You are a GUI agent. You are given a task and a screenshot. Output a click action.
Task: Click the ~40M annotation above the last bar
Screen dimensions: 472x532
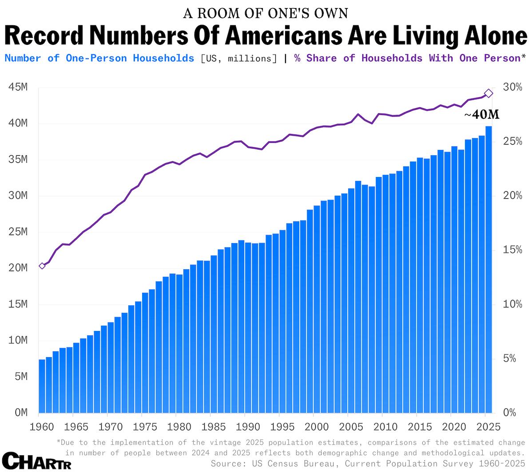[x=482, y=115]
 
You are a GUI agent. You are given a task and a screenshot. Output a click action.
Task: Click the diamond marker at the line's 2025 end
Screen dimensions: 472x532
[x=488, y=93]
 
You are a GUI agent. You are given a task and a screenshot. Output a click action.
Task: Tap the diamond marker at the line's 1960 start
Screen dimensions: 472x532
[x=42, y=266]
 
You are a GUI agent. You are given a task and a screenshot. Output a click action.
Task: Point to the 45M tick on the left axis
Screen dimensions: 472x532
[x=18, y=87]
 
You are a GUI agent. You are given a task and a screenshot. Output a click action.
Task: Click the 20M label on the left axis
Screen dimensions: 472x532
[x=18, y=268]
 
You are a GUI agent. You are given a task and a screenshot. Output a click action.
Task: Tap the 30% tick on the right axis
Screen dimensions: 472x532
[x=512, y=87]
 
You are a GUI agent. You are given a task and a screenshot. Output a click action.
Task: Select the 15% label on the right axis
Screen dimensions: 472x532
[x=512, y=250]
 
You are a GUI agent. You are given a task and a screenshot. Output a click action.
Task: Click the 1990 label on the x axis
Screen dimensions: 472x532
[x=248, y=427]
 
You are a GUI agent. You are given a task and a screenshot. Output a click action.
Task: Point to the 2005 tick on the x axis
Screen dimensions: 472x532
[x=351, y=427]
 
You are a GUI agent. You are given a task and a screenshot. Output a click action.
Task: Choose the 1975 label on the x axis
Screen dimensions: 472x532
[x=145, y=427]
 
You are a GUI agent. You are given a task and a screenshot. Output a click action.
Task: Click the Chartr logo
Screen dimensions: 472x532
[x=36, y=461]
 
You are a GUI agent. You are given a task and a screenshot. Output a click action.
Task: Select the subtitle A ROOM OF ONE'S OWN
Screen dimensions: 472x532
[x=266, y=13]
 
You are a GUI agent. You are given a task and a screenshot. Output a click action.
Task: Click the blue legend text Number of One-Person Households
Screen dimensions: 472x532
[x=99, y=58]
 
